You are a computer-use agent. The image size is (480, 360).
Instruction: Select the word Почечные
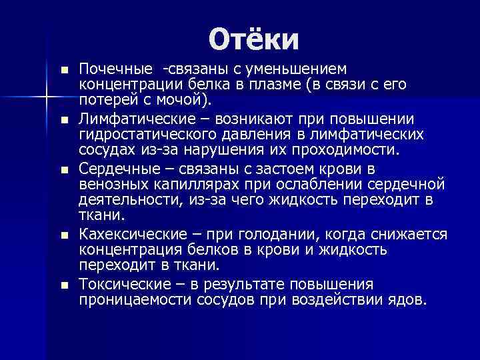pyautogui.click(x=115, y=70)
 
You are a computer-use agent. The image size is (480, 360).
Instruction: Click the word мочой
pyautogui.click(x=184, y=101)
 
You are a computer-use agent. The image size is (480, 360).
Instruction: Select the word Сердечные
pyautogui.click(x=119, y=167)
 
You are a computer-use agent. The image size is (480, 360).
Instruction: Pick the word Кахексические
pyautogui.click(x=132, y=234)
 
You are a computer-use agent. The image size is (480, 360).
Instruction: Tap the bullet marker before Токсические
pyautogui.click(x=63, y=285)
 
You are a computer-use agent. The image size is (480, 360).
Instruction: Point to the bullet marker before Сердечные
pyautogui.click(x=63, y=168)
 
